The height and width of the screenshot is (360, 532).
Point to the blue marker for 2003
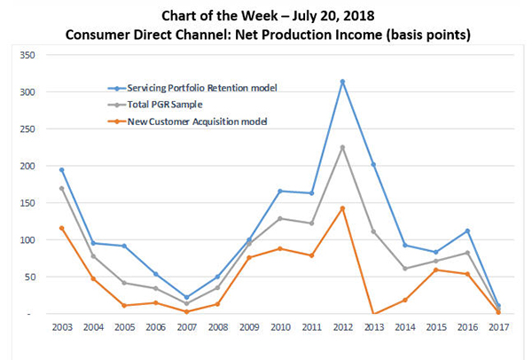tap(61, 169)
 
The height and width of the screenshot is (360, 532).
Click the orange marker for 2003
tap(61, 228)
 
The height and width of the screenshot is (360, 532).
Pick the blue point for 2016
tap(466, 231)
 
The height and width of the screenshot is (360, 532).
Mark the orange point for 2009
tap(248, 257)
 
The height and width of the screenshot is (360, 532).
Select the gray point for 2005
tap(123, 283)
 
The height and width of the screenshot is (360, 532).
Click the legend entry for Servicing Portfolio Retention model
tap(199, 88)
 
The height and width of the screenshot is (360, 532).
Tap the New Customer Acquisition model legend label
tap(194, 120)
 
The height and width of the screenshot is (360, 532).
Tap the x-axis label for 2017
tap(497, 328)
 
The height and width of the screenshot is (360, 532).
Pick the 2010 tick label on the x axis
tap(279, 328)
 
